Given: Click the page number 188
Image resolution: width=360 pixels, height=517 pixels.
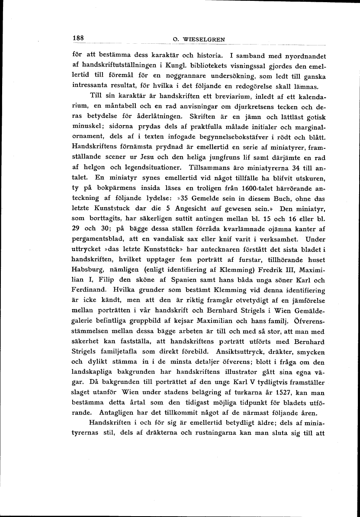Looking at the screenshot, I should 78,38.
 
